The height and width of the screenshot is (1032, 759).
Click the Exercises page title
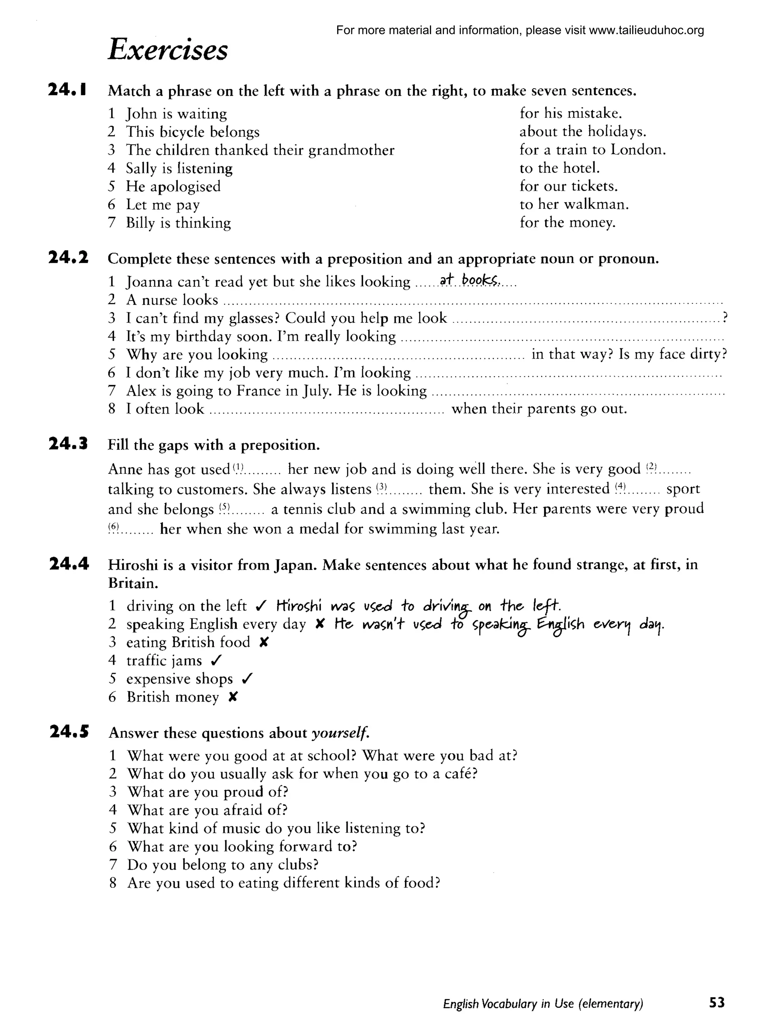pos(168,50)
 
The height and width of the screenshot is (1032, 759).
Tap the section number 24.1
pos(68,90)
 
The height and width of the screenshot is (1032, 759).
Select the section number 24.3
pos(68,444)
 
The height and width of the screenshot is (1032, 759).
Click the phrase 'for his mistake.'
pos(571,113)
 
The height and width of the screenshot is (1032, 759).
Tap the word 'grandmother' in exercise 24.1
pos(351,150)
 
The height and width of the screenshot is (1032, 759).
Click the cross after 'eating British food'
pos(263,642)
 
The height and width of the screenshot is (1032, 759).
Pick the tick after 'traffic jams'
pos(216,660)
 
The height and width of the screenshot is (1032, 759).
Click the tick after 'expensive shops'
pos(247,678)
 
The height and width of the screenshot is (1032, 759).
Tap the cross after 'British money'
pos(232,697)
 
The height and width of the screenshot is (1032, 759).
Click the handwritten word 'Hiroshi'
pos(299,606)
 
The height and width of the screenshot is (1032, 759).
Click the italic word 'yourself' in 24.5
pos(340,733)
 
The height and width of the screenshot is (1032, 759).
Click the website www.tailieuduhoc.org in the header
pos(646,30)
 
